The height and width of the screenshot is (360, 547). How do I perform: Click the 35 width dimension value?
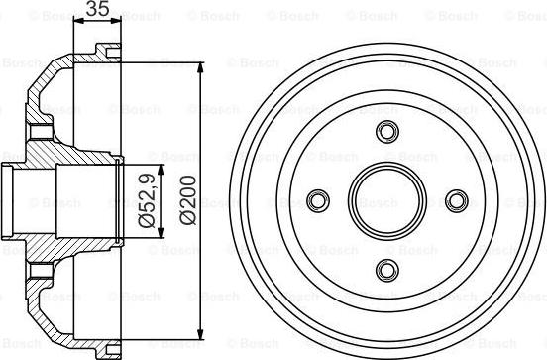[95, 11]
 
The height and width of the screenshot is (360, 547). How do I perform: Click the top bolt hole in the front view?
[386, 133]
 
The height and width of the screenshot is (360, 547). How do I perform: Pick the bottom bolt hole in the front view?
[386, 269]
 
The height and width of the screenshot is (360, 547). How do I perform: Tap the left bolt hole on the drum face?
[319, 200]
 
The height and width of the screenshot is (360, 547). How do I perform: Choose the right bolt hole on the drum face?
[455, 200]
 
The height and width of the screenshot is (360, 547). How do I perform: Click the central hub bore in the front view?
[386, 200]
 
